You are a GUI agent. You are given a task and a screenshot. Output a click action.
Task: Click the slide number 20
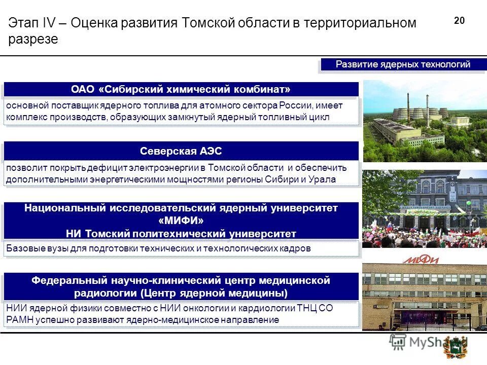tap(459, 21)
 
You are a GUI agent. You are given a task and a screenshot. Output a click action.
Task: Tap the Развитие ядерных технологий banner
tap(403, 65)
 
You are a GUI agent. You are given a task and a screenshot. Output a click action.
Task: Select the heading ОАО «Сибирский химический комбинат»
tap(181, 90)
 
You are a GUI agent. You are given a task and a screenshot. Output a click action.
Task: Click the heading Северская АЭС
tap(181, 151)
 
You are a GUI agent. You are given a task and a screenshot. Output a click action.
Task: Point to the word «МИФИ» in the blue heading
tap(181, 221)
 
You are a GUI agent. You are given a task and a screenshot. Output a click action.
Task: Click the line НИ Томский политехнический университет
tap(181, 234)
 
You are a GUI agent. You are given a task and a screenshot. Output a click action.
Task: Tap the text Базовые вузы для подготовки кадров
tap(158, 249)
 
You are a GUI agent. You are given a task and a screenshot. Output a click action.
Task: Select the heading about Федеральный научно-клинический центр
tap(181, 286)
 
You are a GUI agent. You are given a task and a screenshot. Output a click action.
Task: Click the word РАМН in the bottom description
tap(19, 320)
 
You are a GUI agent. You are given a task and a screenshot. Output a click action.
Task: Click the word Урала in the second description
tap(323, 179)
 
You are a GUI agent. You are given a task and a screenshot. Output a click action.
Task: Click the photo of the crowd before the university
tap(425, 208)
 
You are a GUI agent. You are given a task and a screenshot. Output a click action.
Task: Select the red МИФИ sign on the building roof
tap(421, 260)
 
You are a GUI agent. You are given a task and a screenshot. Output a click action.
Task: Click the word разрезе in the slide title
tap(33, 40)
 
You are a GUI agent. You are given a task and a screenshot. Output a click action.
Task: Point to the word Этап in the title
tap(21, 23)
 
